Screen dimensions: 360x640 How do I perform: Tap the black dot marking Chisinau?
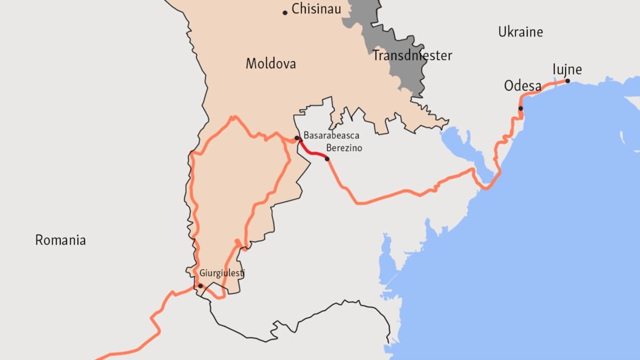tap(285, 12)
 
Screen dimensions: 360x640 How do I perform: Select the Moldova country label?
tap(270, 64)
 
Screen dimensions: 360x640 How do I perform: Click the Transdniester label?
tap(412, 55)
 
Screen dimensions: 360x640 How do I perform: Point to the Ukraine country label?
tap(521, 32)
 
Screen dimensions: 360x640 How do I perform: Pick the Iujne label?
tap(567, 70)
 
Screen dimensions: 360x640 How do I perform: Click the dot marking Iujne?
tap(567, 81)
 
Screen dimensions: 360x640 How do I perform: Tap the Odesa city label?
tap(523, 86)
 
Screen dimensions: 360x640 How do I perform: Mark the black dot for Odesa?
tap(521, 109)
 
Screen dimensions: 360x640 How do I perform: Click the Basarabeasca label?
tap(331, 136)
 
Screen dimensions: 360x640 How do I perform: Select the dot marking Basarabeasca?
tap(297, 138)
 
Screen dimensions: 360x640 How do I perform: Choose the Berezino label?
tap(344, 148)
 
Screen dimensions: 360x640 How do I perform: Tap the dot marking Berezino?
tap(327, 159)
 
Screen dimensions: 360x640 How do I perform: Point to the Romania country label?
tap(60, 240)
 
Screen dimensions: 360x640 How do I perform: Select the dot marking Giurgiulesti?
tap(200, 286)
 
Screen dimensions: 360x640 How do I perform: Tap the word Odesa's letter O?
tap(509, 86)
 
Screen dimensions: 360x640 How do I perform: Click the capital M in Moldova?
tap(251, 64)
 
